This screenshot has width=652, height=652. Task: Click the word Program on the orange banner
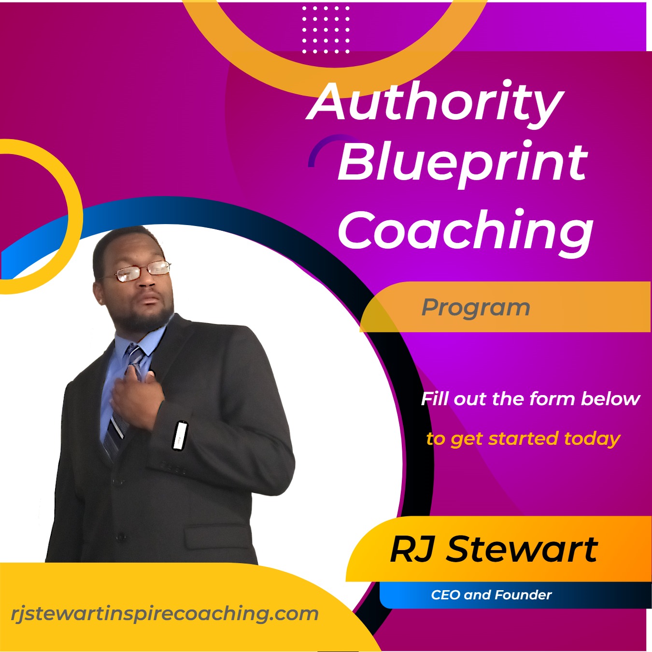[x=476, y=309]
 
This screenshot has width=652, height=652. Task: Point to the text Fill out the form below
[x=530, y=398]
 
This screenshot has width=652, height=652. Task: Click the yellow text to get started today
[x=523, y=439]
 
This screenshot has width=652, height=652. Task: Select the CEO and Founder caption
[x=491, y=595]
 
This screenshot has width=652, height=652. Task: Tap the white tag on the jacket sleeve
[x=180, y=436]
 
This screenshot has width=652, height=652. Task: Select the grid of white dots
[x=326, y=30]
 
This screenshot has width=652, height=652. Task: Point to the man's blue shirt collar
[x=141, y=339]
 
